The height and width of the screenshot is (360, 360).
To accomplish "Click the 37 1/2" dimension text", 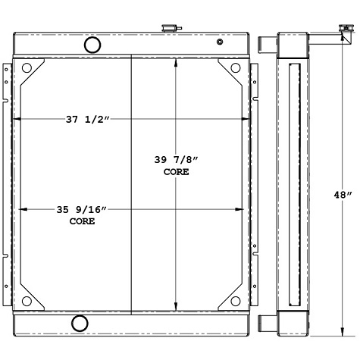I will pyautogui.click(x=89, y=118).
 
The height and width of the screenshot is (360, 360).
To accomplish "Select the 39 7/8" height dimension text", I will pyautogui.click(x=176, y=160).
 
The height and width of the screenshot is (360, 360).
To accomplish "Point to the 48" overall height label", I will pyautogui.click(x=343, y=194).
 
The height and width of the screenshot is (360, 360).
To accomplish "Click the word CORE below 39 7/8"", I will pyautogui.click(x=176, y=172).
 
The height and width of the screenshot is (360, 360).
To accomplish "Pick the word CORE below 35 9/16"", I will pyautogui.click(x=82, y=222).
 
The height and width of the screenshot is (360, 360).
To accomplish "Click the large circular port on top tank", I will pyautogui.click(x=92, y=45).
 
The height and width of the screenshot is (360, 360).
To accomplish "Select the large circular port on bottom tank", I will pyautogui.click(x=80, y=324).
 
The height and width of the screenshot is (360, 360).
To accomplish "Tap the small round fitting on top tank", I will pyautogui.click(x=219, y=42).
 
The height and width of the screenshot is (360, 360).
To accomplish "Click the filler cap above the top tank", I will pyautogui.click(x=167, y=28).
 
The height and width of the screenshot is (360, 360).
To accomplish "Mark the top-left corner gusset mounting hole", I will pyautogui.click(x=27, y=68).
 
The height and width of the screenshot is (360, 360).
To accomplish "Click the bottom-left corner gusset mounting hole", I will pyautogui.click(x=27, y=301).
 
